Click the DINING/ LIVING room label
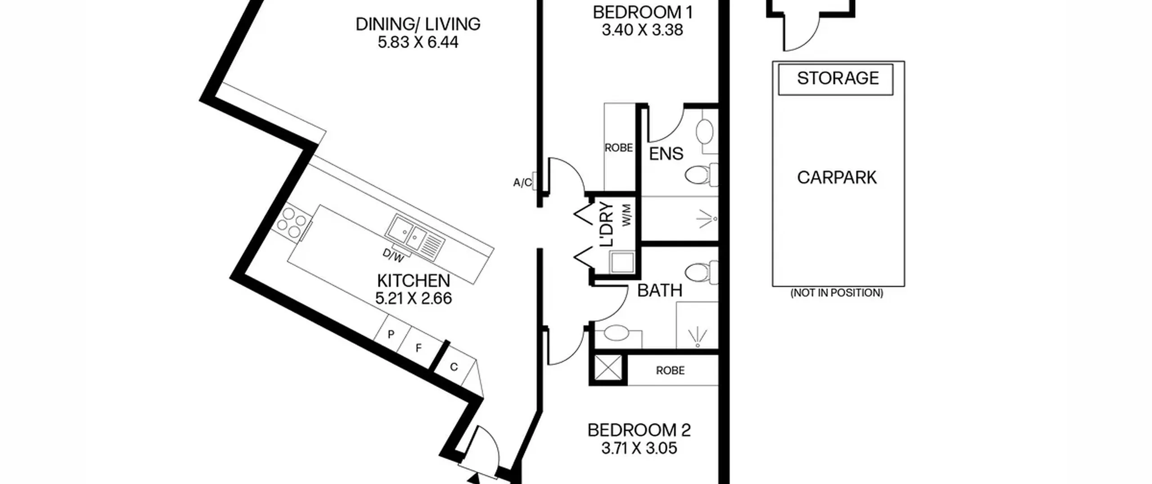tap(418, 24)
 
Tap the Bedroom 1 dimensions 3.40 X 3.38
tap(642, 30)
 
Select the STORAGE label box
tap(837, 79)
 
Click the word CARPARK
tap(837, 177)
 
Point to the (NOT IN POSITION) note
tap(837, 293)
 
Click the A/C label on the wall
tap(522, 183)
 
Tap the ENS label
tap(666, 154)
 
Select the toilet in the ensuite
tap(700, 175)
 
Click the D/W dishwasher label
tap(393, 256)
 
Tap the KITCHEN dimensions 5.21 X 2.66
tap(413, 299)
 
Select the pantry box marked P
tap(391, 335)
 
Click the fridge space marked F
tap(418, 348)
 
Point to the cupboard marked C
tap(454, 367)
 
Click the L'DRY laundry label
tap(607, 224)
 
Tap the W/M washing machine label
tap(626, 215)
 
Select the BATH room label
tap(660, 291)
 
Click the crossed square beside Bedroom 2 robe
tap(608, 369)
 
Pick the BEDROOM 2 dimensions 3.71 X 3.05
tap(639, 448)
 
